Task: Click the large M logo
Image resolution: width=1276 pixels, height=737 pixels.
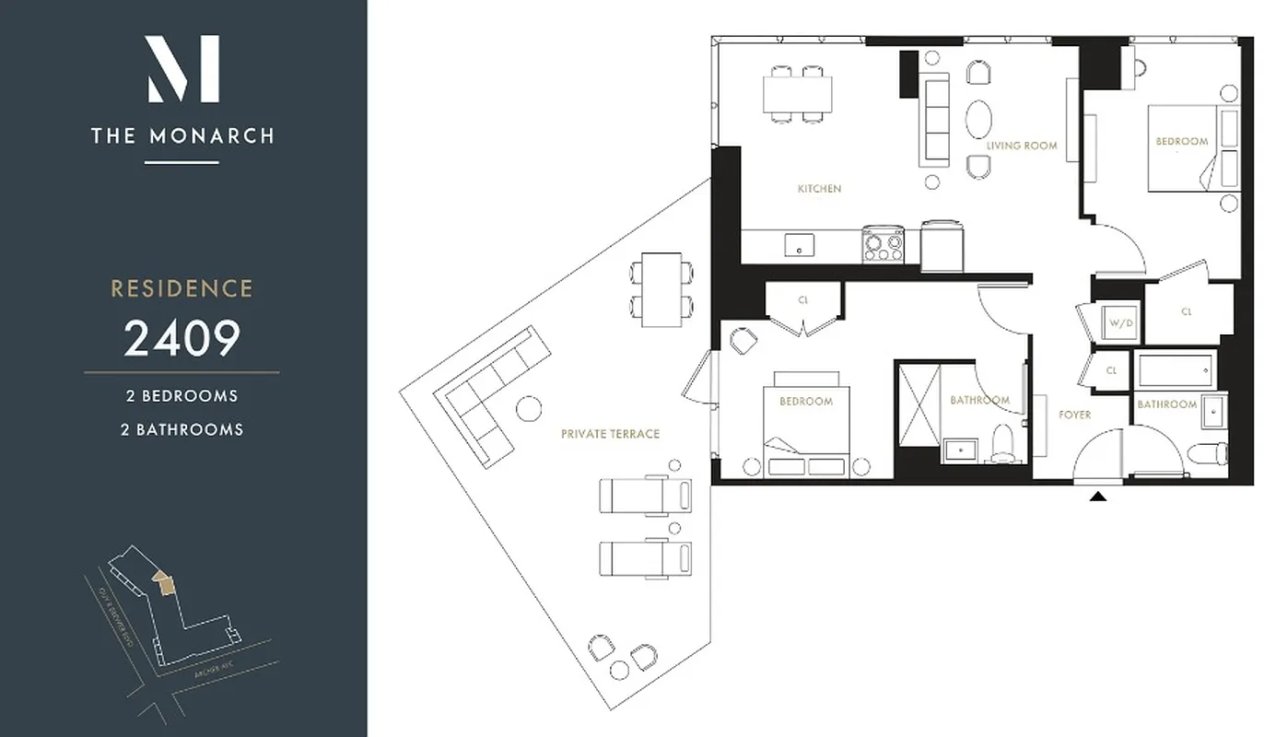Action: click(x=182, y=69)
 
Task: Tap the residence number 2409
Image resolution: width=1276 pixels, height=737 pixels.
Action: click(x=182, y=338)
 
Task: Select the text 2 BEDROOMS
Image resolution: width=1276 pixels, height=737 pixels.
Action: click(x=182, y=396)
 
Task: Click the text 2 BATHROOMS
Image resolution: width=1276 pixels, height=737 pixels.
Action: click(x=182, y=429)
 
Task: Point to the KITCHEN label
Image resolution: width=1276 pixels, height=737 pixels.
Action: click(x=819, y=189)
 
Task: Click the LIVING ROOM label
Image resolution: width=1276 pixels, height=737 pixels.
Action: click(x=1021, y=146)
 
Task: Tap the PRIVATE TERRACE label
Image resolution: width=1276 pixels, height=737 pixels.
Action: click(x=610, y=434)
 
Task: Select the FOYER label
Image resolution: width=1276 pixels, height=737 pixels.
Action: click(x=1074, y=415)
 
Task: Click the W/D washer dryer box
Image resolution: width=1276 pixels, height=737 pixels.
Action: click(x=1120, y=323)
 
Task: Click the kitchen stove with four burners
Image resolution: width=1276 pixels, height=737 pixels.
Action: click(x=883, y=245)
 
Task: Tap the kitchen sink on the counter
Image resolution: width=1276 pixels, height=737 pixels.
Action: click(x=799, y=245)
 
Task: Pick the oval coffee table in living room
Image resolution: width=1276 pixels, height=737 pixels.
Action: click(x=978, y=120)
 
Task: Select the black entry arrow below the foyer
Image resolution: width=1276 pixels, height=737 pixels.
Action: click(x=1097, y=497)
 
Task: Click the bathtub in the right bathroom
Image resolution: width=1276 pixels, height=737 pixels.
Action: click(x=1176, y=371)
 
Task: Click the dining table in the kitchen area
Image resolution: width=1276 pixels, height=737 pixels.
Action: click(x=797, y=93)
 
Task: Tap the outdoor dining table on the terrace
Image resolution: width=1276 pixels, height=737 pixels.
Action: click(x=661, y=289)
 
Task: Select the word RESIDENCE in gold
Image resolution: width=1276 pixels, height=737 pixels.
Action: click(x=182, y=288)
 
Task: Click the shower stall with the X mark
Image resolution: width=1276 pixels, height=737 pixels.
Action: click(x=919, y=405)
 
